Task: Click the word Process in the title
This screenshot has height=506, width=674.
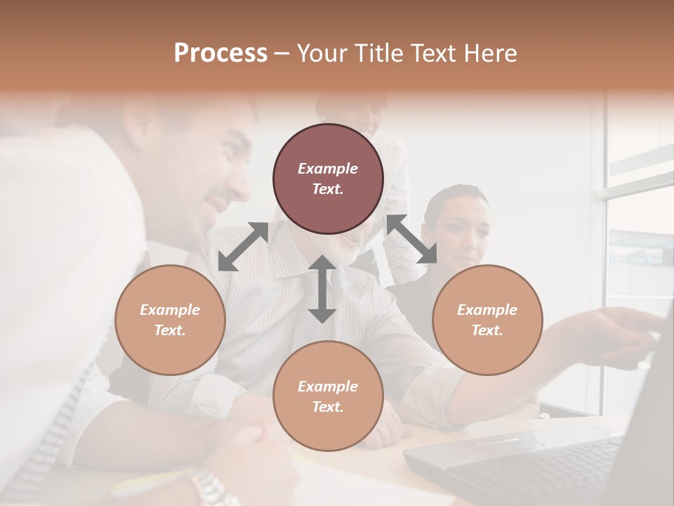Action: pos(220,53)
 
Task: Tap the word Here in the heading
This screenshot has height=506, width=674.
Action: pos(489,53)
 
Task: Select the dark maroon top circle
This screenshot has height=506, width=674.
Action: pos(328,179)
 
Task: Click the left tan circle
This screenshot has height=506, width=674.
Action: pos(170,320)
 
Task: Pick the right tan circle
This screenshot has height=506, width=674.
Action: pos(487,320)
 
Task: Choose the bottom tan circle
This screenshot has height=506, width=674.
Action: pos(328,396)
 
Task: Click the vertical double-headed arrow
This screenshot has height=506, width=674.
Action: pos(322,289)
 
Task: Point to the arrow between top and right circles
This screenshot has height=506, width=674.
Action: pos(411,239)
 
